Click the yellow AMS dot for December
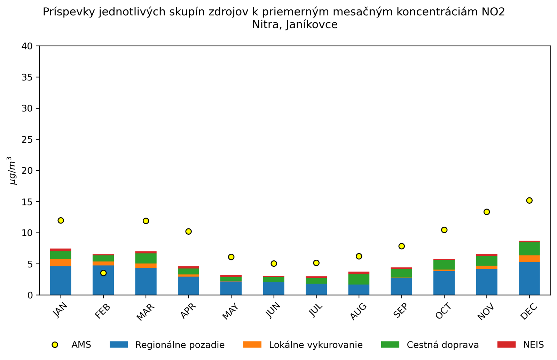529,201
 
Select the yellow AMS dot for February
103,273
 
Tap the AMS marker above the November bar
487,212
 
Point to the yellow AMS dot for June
274,264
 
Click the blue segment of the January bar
61,281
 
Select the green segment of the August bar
359,279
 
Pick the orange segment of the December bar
529,259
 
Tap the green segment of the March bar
146,258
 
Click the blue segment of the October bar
444,283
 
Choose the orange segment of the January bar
61,263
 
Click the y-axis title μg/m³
13,171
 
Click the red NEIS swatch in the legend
506,345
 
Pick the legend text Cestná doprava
442,345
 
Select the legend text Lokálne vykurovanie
315,345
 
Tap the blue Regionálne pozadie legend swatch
119,345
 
